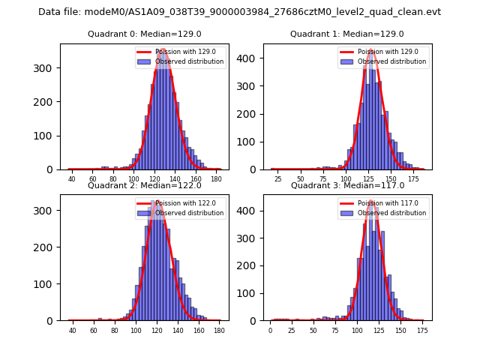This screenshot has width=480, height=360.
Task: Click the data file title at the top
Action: [x=239, y=12]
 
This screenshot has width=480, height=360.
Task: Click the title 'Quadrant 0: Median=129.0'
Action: [x=145, y=34]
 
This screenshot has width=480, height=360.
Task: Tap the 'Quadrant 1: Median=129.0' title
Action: [x=347, y=34]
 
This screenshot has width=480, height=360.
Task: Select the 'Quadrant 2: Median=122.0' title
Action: [x=145, y=185]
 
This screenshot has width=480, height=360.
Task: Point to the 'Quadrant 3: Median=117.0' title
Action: [x=347, y=185]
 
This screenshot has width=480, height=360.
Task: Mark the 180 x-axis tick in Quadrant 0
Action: [x=217, y=180]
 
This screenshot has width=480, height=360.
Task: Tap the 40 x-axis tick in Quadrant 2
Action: [x=72, y=331]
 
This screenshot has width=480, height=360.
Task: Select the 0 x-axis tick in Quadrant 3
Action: [x=271, y=331]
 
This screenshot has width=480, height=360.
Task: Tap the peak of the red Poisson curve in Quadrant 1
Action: [x=370, y=50]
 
